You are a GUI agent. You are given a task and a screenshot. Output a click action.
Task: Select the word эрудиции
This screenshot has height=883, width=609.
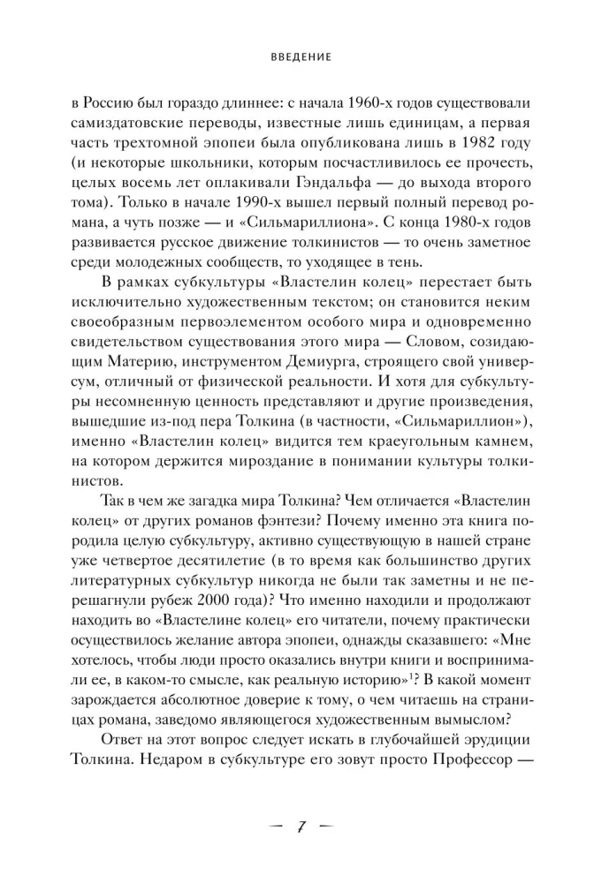coord(497,742)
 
